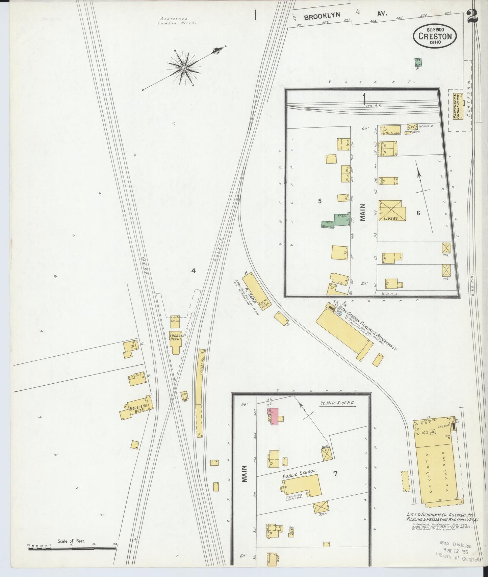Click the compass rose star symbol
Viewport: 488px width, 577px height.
[x=184, y=68]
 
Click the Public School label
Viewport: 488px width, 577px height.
[x=300, y=472]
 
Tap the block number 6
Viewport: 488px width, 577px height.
[x=418, y=213]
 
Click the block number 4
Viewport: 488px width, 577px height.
[x=193, y=270]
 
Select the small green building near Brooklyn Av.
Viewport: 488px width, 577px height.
[x=418, y=62]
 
